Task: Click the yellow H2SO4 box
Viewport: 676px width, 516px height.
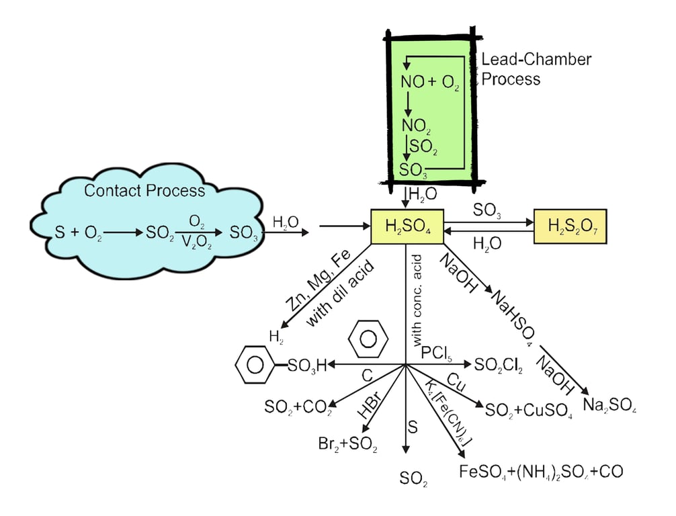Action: click(408, 228)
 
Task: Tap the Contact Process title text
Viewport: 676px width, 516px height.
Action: click(144, 191)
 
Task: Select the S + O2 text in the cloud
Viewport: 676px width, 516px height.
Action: click(79, 233)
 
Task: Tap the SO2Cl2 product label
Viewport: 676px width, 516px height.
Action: click(498, 365)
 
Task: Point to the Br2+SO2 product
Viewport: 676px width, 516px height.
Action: click(347, 443)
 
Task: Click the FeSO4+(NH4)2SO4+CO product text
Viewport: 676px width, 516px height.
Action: click(541, 470)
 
